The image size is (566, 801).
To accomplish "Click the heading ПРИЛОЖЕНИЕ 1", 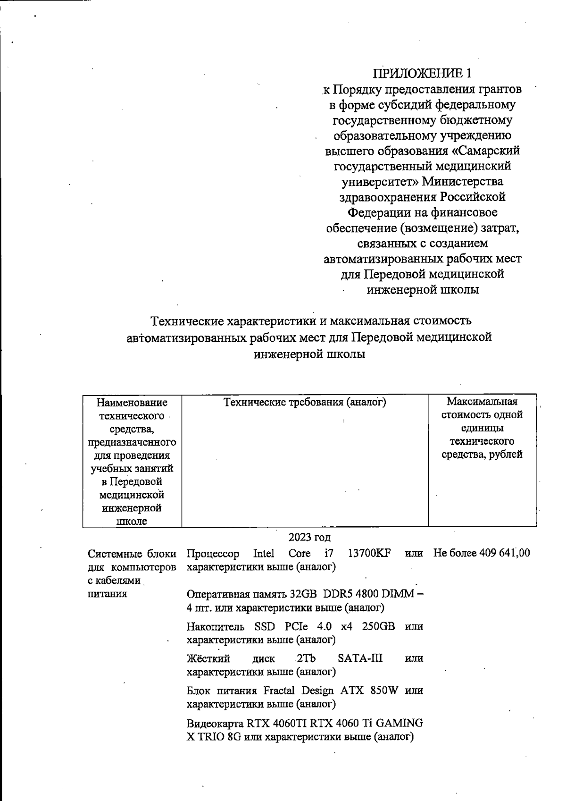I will [x=422, y=73].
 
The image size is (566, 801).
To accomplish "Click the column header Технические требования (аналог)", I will [x=305, y=402].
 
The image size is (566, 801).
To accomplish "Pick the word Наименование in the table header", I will [x=132, y=402].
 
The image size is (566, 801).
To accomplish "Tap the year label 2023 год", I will [x=309, y=537].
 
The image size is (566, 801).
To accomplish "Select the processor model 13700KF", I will [x=369, y=553].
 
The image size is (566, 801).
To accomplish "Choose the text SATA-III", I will [x=360, y=658].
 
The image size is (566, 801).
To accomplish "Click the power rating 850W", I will [x=384, y=691].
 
